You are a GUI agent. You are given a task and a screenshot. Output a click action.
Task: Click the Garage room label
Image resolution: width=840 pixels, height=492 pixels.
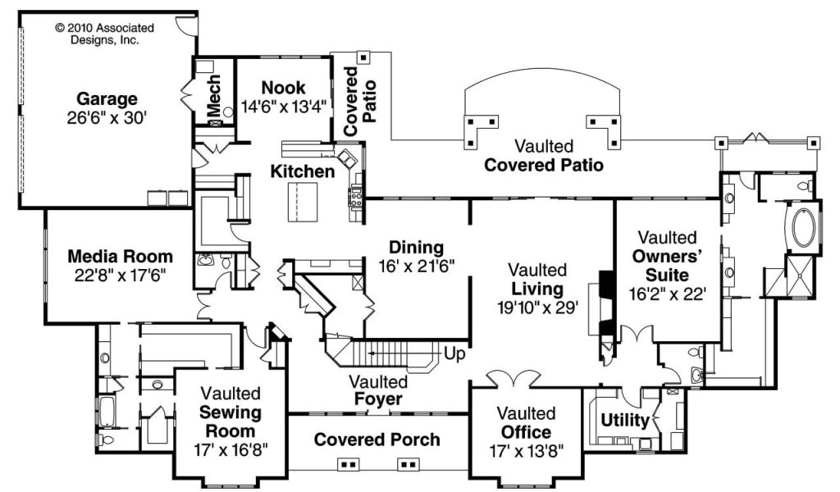coord(107,98)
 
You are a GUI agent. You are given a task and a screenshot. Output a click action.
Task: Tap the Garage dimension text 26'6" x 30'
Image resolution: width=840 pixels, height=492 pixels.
coord(107,118)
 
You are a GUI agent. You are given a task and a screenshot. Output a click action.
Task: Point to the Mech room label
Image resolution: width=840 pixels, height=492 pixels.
coord(214,94)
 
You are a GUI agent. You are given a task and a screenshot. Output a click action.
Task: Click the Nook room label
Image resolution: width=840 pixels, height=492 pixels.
coord(283,87)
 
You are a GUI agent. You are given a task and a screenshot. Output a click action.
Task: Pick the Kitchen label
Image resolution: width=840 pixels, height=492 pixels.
coord(303,171)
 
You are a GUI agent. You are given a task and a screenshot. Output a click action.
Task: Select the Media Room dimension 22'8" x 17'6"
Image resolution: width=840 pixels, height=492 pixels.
coord(120,276)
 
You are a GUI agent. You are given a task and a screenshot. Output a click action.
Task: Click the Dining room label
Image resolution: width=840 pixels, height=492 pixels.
coord(416,248)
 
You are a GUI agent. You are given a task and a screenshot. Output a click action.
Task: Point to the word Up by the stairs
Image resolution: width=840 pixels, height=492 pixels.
coord(454,354)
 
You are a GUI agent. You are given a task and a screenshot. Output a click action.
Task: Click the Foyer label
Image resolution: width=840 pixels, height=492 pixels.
coord(378,399)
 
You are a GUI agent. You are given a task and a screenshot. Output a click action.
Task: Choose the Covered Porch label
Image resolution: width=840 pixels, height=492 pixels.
coord(377,440)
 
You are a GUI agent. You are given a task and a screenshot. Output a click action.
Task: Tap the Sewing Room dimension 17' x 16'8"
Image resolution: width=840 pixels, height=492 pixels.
coord(231,449)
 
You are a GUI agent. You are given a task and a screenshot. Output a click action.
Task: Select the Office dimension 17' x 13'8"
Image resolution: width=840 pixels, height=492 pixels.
coord(526,451)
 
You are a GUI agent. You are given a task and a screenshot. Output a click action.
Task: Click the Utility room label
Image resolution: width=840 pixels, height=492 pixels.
coord(625,421)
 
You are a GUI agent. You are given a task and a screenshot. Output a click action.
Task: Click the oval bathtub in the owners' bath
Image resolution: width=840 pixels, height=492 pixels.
coord(803,229)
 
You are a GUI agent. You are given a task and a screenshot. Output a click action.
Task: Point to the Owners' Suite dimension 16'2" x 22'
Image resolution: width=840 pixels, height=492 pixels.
coord(667,294)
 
